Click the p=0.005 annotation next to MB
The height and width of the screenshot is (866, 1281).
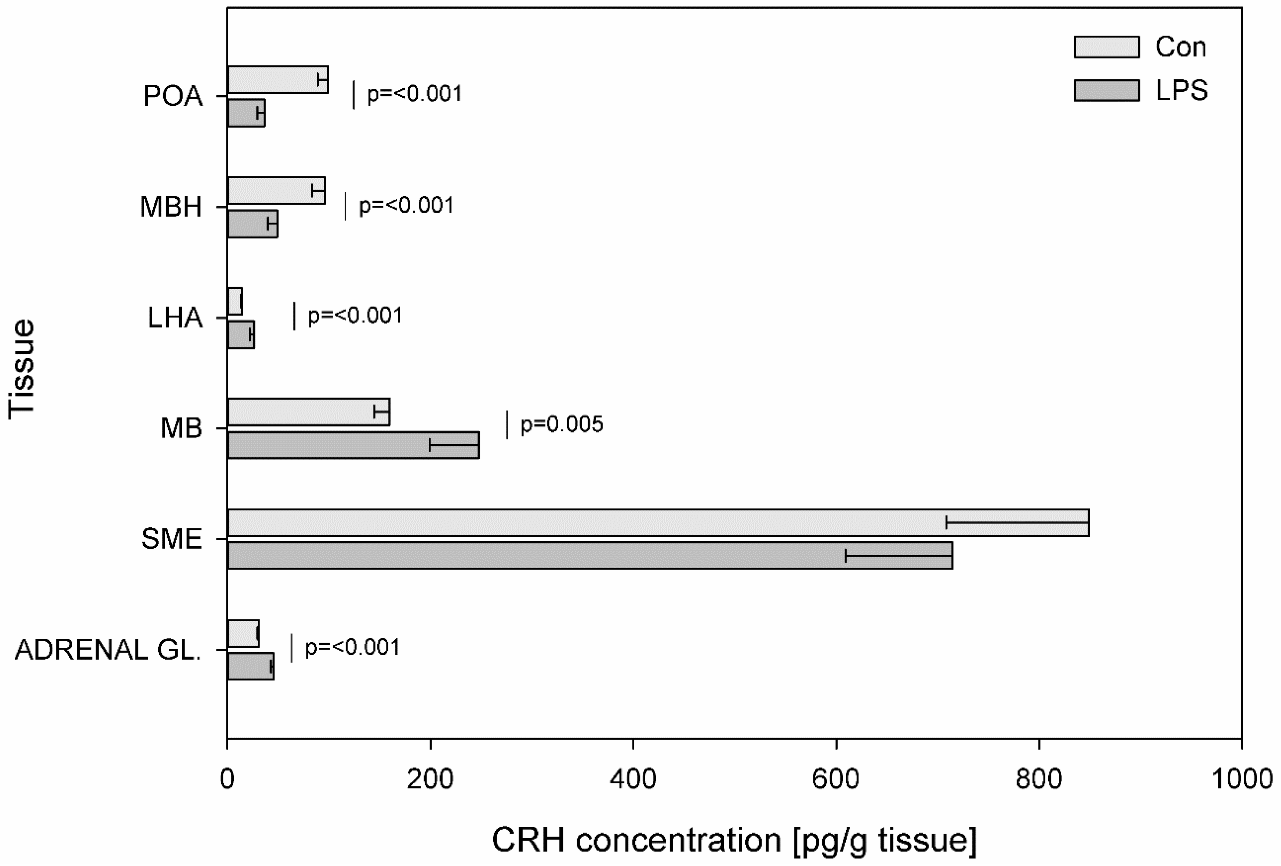[x=561, y=424]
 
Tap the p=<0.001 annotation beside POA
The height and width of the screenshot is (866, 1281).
[x=414, y=94]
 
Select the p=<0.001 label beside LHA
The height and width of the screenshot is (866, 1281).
[x=355, y=316]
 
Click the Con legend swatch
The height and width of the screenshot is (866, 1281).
[x=1106, y=47]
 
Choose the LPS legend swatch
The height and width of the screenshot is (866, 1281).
[x=1106, y=90]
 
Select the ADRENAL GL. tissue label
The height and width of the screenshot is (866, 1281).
[x=108, y=650]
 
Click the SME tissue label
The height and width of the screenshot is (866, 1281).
[x=172, y=539]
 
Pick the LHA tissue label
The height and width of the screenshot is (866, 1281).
[x=175, y=318]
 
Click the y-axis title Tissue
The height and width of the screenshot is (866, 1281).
[x=22, y=369]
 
